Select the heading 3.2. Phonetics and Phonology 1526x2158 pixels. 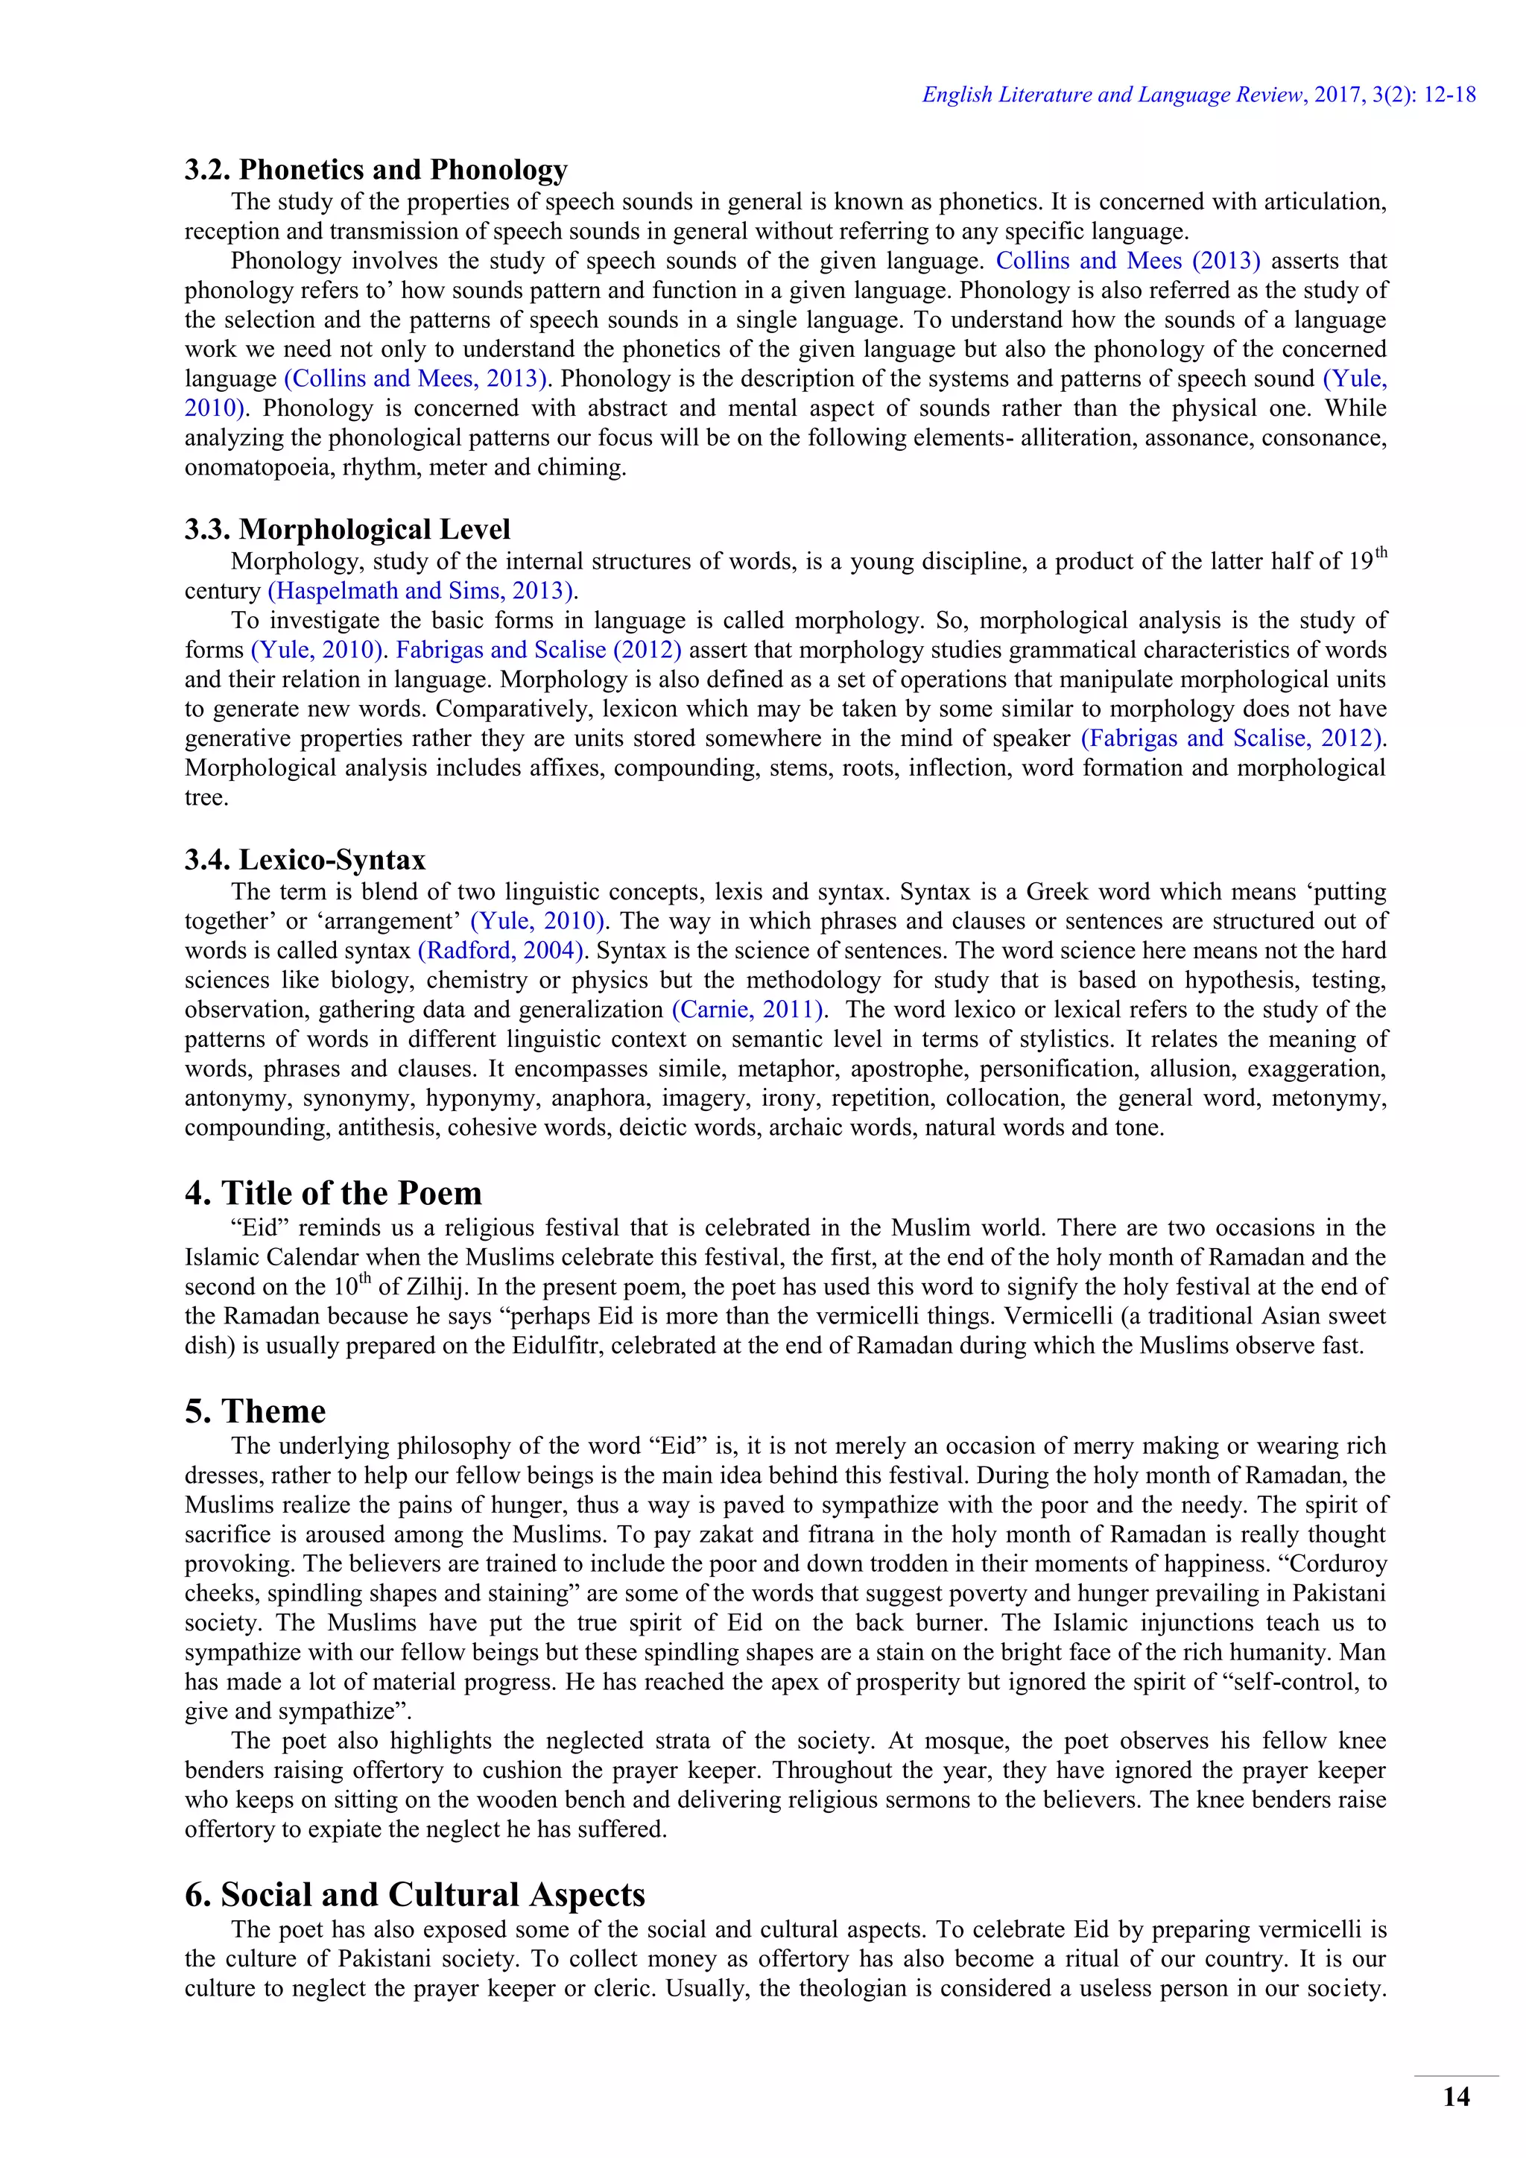pos(376,169)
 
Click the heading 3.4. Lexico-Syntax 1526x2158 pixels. pos(305,859)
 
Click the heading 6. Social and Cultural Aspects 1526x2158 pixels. pos(414,1894)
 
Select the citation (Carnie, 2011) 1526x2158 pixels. pos(749,1010)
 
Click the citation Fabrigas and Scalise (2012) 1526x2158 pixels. pos(539,651)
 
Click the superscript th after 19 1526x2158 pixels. pos(1381,553)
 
